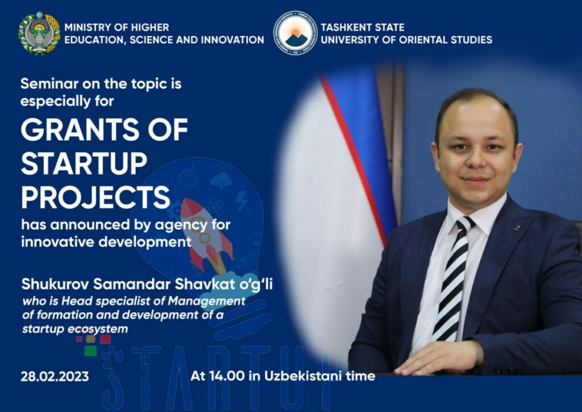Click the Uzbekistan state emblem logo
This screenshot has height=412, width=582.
tap(39, 34)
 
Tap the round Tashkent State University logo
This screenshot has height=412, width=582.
tap(296, 32)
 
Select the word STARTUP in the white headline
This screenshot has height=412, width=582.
tap(84, 163)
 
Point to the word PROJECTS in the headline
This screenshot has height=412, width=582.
tap(95, 197)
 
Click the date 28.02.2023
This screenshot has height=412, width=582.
tap(55, 376)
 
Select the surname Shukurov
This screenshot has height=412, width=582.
tap(55, 284)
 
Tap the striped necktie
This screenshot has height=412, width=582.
tap(452, 279)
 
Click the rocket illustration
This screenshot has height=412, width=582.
tap(206, 234)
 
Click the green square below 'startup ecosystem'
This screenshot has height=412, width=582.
tap(90, 351)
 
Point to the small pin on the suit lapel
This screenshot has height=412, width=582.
tap(517, 228)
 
